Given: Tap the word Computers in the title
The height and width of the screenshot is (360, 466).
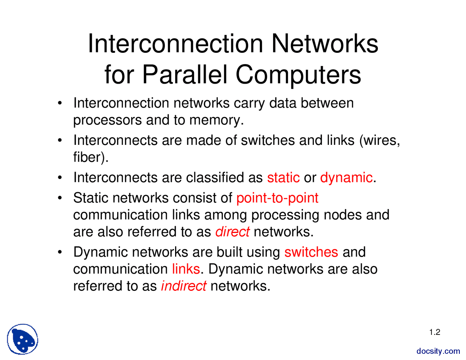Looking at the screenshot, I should [298, 75].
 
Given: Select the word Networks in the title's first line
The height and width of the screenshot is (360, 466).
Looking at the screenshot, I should [325, 44].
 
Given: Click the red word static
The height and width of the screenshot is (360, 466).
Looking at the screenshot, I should [283, 178].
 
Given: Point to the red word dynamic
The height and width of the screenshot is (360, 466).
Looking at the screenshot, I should [346, 178].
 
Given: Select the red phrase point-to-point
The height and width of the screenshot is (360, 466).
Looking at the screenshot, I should [277, 198].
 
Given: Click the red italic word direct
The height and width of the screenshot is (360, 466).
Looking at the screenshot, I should [233, 232].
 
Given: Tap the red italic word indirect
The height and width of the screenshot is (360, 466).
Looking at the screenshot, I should [183, 286].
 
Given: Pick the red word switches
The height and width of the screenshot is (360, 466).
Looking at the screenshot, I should [311, 252].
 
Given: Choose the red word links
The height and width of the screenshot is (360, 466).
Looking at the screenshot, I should [186, 269].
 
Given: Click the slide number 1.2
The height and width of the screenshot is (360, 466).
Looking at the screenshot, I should [434, 332].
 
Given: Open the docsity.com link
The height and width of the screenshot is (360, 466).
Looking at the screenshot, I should [438, 351].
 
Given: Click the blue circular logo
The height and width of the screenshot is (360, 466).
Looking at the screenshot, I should [23, 339].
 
